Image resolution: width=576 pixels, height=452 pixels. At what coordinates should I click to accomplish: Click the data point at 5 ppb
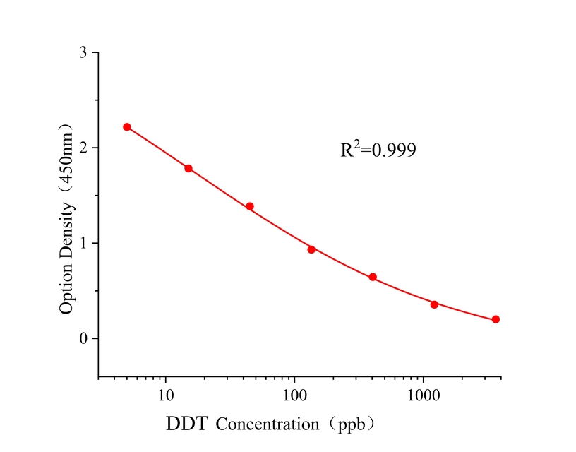127,127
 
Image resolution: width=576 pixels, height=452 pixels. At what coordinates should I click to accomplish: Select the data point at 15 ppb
188,168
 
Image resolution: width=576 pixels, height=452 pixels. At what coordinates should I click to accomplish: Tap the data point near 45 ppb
250,206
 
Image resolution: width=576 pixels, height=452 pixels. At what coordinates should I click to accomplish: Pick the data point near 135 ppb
311,249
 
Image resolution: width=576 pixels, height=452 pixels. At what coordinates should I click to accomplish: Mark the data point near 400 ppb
373,277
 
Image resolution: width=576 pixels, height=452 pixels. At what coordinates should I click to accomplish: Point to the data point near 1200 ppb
434,304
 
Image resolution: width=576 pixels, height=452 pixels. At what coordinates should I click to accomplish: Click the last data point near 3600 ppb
496,319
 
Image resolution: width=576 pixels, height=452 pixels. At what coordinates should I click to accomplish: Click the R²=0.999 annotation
378,150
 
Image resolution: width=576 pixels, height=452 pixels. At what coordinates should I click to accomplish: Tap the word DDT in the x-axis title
188,424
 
